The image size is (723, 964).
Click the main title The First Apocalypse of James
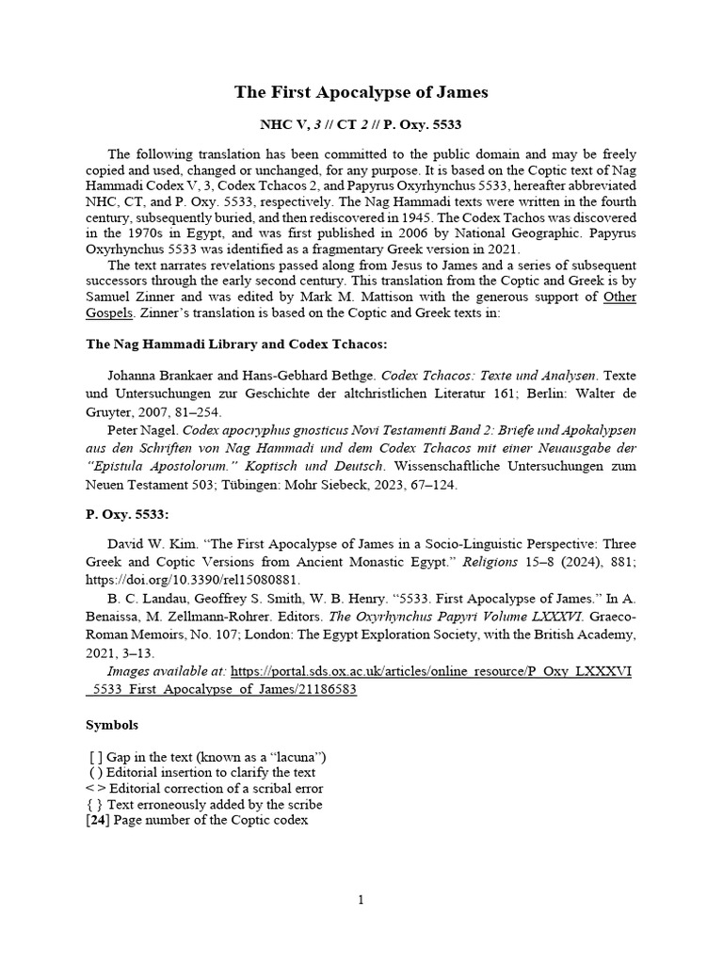pyautogui.click(x=361, y=92)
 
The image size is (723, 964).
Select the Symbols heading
pyautogui.click(x=112, y=725)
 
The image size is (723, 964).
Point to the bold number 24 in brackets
pyautogui.click(x=100, y=820)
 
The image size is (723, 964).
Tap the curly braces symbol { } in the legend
pyautogui.click(x=96, y=804)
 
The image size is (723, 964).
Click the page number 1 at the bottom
pyautogui.click(x=361, y=900)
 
